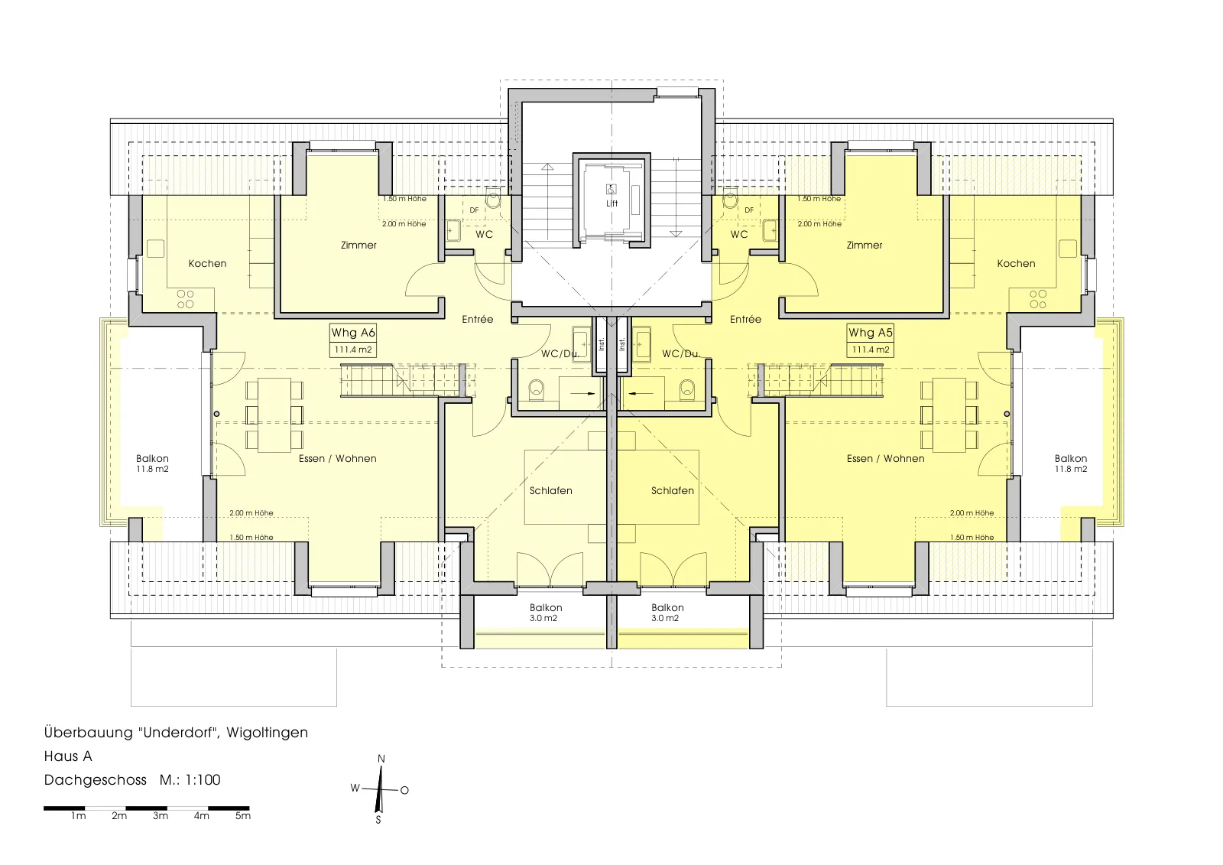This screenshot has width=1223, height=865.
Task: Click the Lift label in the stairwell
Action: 611,203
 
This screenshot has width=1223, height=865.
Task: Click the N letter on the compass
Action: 381,759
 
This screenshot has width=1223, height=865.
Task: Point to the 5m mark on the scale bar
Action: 243,816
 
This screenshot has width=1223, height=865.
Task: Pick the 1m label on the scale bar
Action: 79,816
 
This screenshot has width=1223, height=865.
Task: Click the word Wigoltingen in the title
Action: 267,733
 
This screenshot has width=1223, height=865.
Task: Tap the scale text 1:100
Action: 203,780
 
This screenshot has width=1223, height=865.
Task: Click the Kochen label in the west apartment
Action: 207,263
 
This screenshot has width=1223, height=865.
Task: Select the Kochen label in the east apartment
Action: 1016,263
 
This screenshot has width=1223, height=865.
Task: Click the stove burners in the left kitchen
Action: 185,300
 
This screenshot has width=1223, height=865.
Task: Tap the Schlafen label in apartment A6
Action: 551,491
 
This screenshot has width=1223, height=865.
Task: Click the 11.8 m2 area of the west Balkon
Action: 152,470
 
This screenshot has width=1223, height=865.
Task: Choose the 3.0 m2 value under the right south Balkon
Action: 665,619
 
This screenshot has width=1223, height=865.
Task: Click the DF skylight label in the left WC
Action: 474,210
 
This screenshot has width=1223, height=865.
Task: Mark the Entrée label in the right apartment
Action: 745,319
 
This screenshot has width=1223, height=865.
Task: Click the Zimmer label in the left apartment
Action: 358,246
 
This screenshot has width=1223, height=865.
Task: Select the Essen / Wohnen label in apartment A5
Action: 886,458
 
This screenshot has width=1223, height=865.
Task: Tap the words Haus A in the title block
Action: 68,756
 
